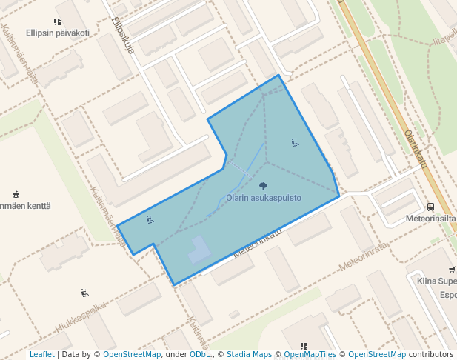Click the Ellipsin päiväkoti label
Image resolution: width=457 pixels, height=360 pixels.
(x=58, y=33)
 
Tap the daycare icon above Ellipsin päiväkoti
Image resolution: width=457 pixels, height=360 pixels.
(x=58, y=22)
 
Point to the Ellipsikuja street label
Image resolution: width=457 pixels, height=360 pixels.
(x=123, y=36)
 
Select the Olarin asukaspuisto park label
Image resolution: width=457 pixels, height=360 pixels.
(x=264, y=198)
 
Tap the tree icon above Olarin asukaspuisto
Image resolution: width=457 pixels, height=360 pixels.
(x=264, y=187)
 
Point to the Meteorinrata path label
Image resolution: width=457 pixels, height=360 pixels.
(x=363, y=256)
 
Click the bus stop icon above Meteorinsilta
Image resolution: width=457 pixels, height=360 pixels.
(x=431, y=207)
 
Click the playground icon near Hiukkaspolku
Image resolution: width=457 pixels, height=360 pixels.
(x=84, y=293)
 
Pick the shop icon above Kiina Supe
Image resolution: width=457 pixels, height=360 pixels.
(x=452, y=270)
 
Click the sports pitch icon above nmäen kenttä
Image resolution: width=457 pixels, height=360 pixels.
(x=16, y=194)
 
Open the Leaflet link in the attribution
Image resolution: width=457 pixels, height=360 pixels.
(x=41, y=354)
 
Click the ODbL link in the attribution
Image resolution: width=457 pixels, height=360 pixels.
(x=200, y=354)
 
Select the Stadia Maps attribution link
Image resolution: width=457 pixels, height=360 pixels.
(x=249, y=354)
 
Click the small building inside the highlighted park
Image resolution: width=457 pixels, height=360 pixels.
(x=199, y=250)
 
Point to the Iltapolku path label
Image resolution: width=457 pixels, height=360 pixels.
(x=447, y=37)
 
